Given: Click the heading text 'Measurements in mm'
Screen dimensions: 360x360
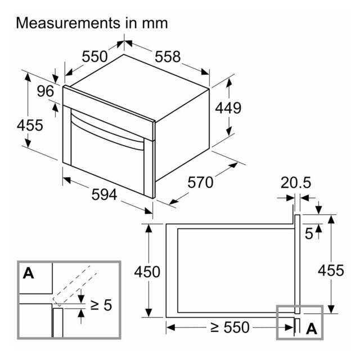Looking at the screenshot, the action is pos(92,23).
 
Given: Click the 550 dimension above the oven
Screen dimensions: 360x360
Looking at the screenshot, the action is pos(94,56).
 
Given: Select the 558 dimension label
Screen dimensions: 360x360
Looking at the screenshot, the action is pos(168,56).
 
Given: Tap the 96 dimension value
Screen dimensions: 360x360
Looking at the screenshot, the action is pos(46,91).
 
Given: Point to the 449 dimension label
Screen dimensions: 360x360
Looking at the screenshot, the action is pos(228,108).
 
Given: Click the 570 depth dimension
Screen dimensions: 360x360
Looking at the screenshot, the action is pos(200,182).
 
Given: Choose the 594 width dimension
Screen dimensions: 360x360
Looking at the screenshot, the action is pos(104,195).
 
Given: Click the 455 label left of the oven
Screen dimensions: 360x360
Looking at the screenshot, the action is pos(30,125).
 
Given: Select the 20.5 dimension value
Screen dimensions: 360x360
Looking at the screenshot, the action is pos(296,182).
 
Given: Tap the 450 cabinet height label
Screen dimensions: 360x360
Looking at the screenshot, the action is pos(147,272).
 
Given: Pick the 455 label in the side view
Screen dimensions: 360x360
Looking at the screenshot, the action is pos(331,270).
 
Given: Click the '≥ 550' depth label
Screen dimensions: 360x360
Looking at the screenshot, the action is pos(229,327).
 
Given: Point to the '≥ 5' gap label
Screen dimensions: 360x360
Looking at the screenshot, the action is pos(101,305).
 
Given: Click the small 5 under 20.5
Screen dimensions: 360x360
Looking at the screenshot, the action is pos(309,234).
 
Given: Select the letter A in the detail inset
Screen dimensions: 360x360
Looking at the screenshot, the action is pos(28,273).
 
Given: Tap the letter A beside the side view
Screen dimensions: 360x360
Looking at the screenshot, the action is pos(312,328).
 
